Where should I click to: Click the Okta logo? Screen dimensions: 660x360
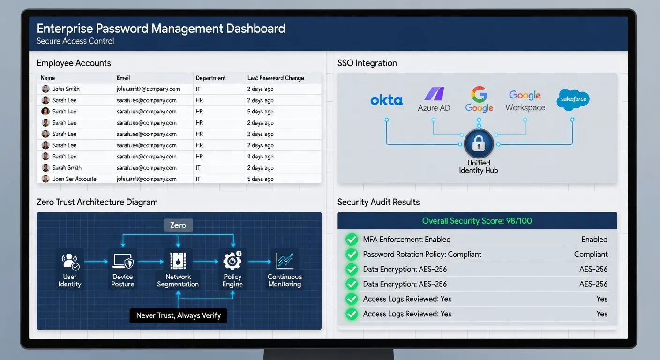(387, 100)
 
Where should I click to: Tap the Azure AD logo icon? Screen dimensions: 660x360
(434, 94)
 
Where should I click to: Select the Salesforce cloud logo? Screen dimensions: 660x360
(573, 99)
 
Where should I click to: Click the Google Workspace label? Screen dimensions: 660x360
(525, 101)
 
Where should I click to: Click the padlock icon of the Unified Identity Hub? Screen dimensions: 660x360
(479, 143)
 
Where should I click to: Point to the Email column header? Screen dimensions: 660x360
(123, 78)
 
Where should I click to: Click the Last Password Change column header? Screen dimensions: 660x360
(276, 78)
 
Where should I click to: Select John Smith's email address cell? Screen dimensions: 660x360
(148, 89)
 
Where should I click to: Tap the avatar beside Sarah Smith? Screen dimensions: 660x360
(45, 168)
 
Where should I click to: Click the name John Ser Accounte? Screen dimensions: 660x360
(75, 179)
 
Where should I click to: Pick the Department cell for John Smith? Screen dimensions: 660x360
(198, 89)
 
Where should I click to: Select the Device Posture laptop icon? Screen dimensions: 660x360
(123, 261)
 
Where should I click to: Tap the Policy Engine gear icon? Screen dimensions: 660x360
(232, 261)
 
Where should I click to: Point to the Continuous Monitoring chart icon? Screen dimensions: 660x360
(285, 261)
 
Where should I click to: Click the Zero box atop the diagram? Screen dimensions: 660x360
(178, 225)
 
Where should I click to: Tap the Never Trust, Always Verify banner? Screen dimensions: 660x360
(179, 315)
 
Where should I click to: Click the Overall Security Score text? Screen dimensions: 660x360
(477, 221)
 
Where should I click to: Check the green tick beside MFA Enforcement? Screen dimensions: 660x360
(352, 240)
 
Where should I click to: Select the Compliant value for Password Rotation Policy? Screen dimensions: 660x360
(591, 254)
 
